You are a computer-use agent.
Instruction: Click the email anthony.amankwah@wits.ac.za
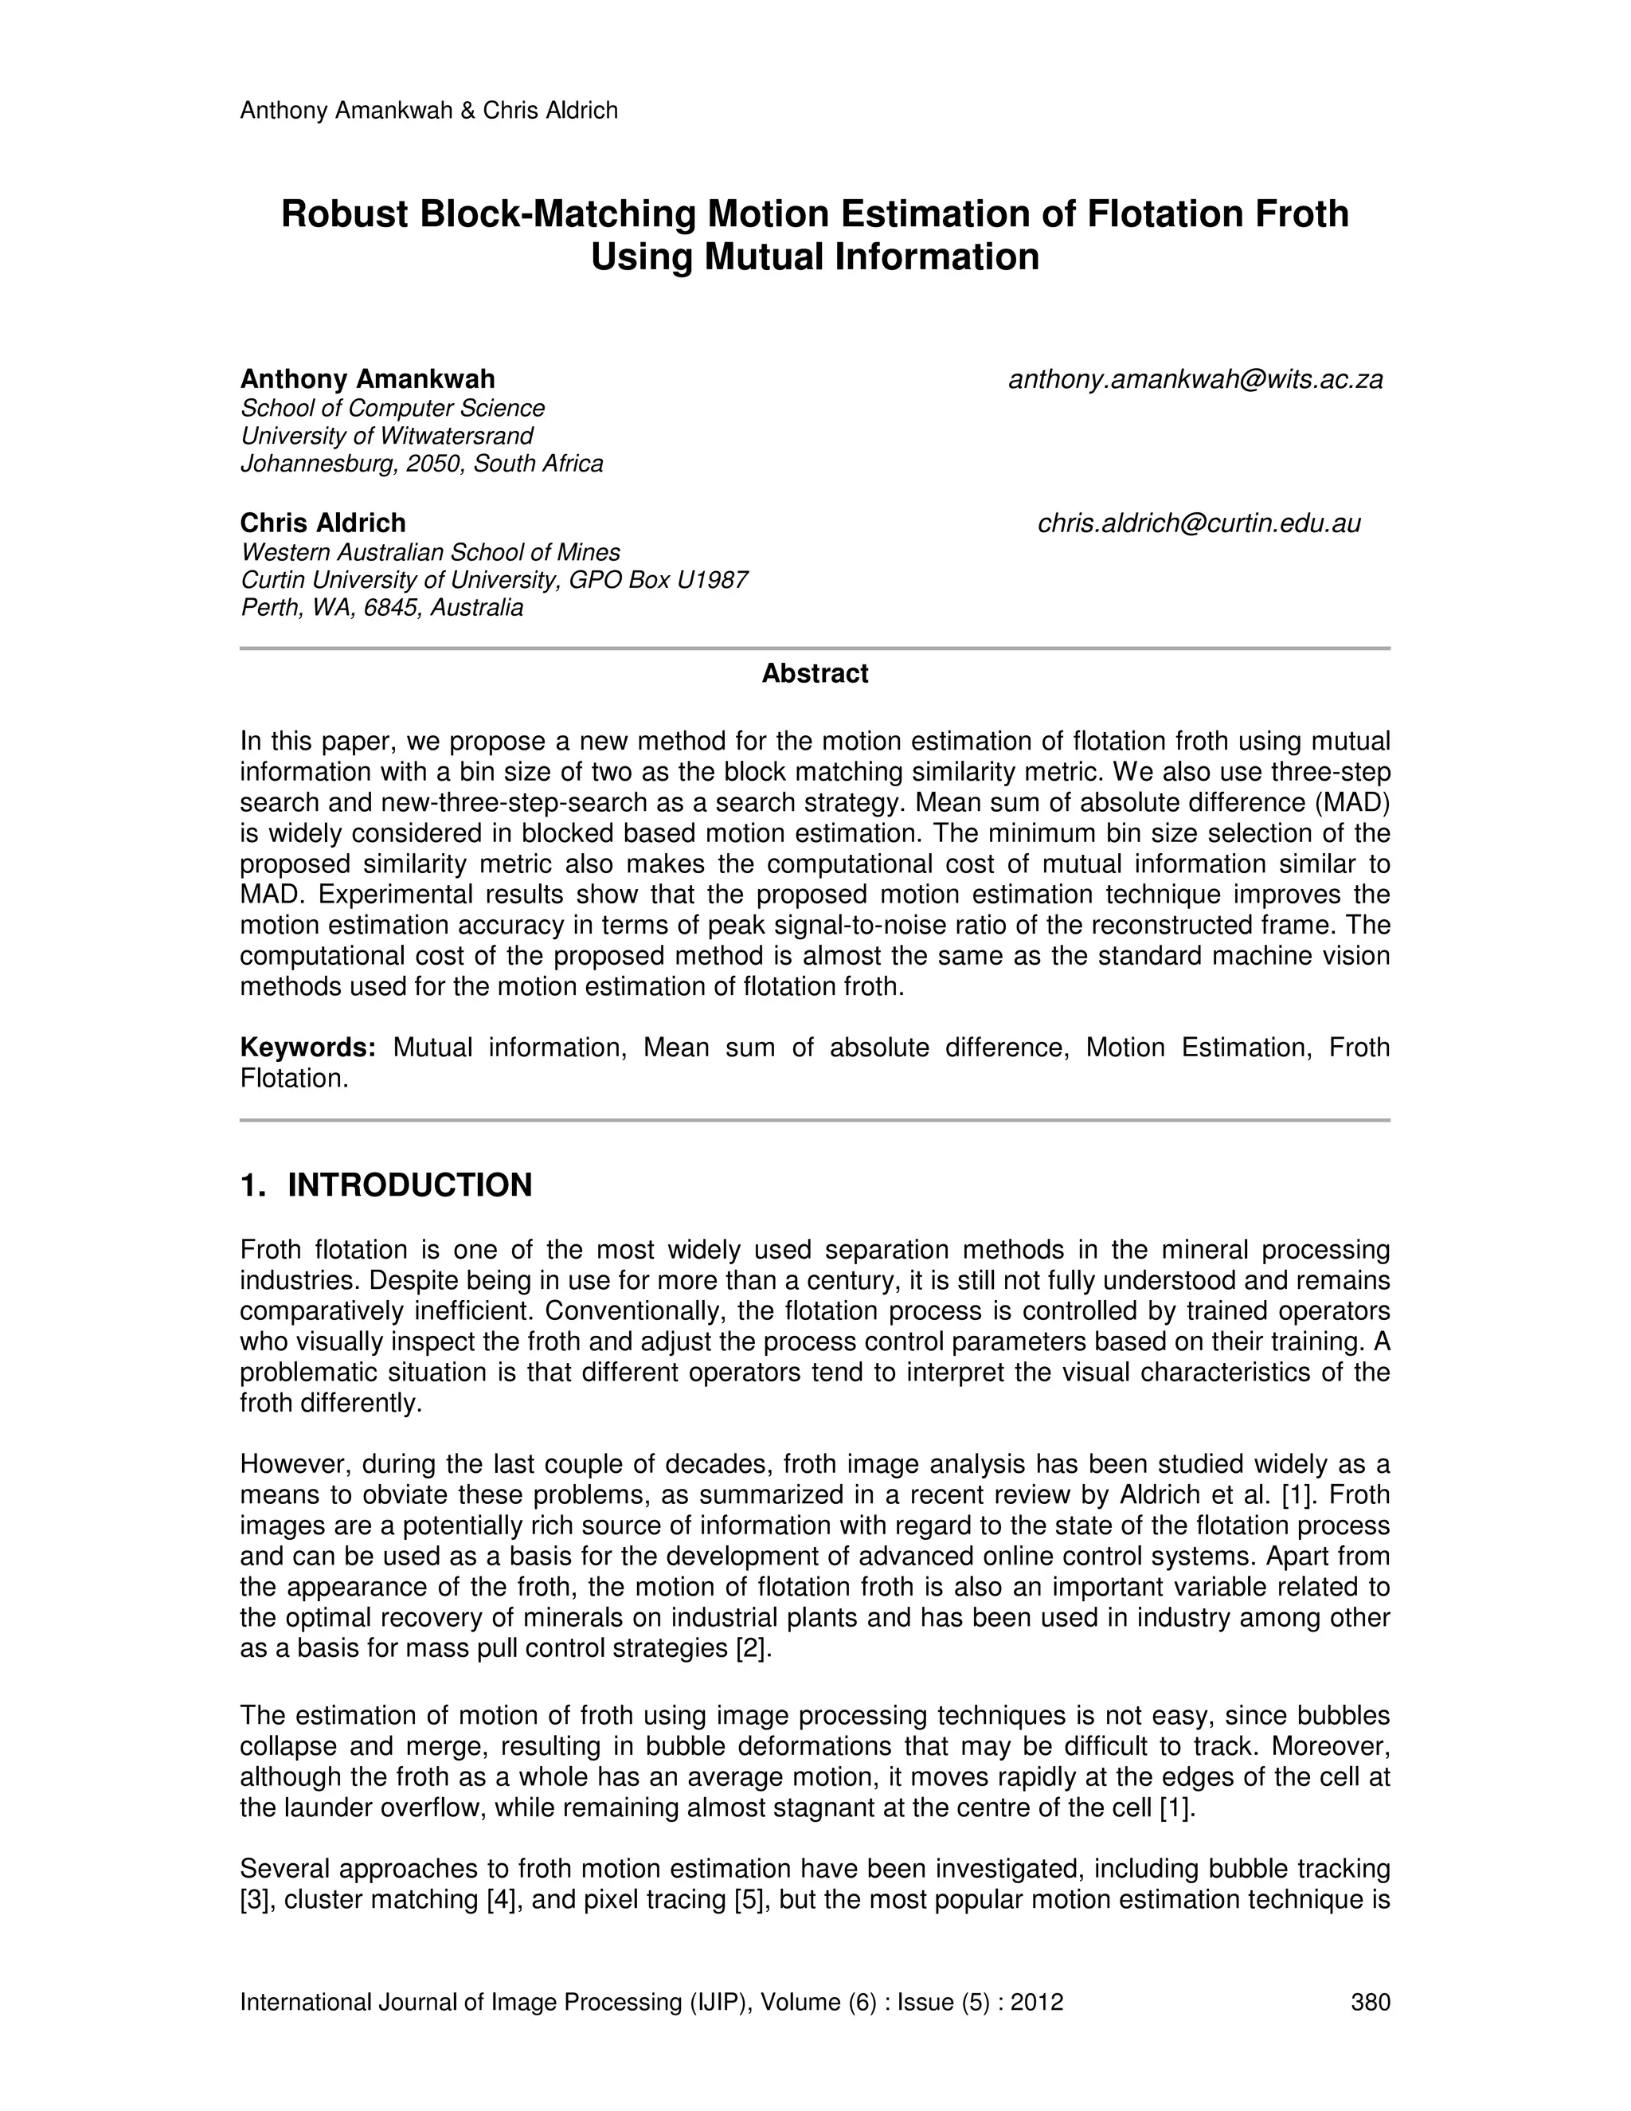pyautogui.click(x=1195, y=380)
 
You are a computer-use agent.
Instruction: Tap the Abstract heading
pyautogui.click(x=815, y=674)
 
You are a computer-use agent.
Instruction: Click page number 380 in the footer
pyautogui.click(x=1370, y=2002)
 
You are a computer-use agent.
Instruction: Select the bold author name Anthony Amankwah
pyautogui.click(x=367, y=379)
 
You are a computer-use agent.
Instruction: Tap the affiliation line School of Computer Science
pyautogui.click(x=393, y=408)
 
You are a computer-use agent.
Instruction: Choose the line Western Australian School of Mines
pyautogui.click(x=430, y=552)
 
